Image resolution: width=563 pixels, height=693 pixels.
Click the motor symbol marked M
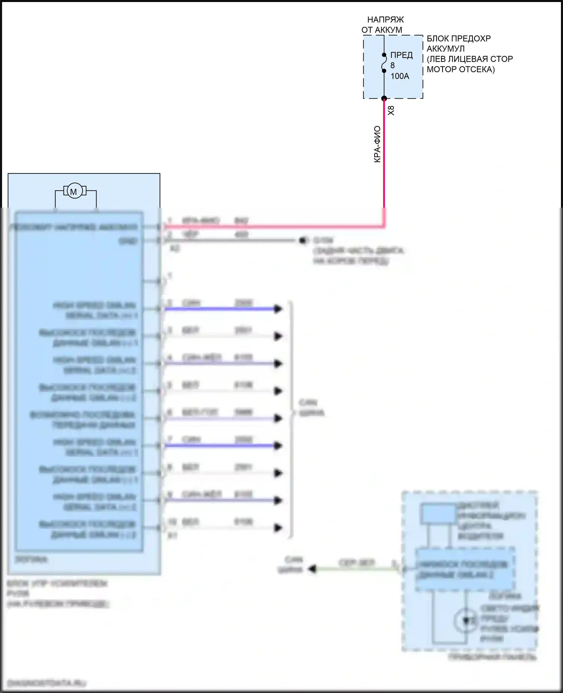[x=74, y=191]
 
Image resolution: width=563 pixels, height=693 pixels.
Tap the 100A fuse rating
[x=400, y=76]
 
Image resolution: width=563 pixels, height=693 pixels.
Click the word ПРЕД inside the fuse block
[x=401, y=55]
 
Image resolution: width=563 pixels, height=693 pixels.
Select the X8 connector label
[x=391, y=110]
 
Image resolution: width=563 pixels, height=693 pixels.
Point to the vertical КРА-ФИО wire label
[x=377, y=145]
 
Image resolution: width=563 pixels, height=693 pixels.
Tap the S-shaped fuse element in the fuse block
[x=384, y=63]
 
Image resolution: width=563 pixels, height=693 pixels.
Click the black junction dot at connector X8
[x=384, y=99]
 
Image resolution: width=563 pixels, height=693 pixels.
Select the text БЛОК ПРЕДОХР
[x=459, y=39]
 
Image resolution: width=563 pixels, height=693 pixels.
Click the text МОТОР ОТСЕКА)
[x=461, y=69]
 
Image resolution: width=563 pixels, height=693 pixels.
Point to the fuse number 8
[x=393, y=66]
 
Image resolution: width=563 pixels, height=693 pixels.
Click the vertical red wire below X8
[x=384, y=158]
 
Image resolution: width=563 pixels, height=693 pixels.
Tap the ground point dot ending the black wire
[x=303, y=241]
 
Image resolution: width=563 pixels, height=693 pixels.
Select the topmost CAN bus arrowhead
[x=278, y=309]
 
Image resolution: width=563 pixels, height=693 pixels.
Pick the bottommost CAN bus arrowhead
[x=278, y=528]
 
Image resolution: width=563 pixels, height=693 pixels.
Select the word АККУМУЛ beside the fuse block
[x=446, y=49]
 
